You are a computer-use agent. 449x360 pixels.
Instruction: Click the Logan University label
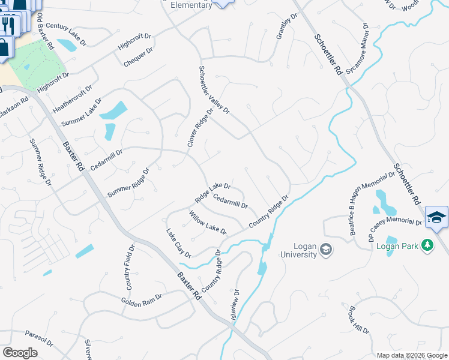coord(298,250)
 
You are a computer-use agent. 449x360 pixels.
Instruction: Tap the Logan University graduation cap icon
coord(326,249)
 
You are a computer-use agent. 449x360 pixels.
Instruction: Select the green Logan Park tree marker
coord(427,245)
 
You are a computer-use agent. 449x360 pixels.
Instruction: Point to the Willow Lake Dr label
coord(208,223)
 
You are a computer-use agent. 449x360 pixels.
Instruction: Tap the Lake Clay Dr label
coord(178,243)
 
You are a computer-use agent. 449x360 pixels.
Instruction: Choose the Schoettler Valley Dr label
coord(214,89)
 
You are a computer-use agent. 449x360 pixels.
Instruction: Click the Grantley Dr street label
coord(286,27)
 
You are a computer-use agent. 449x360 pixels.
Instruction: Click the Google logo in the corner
coord(20,353)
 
